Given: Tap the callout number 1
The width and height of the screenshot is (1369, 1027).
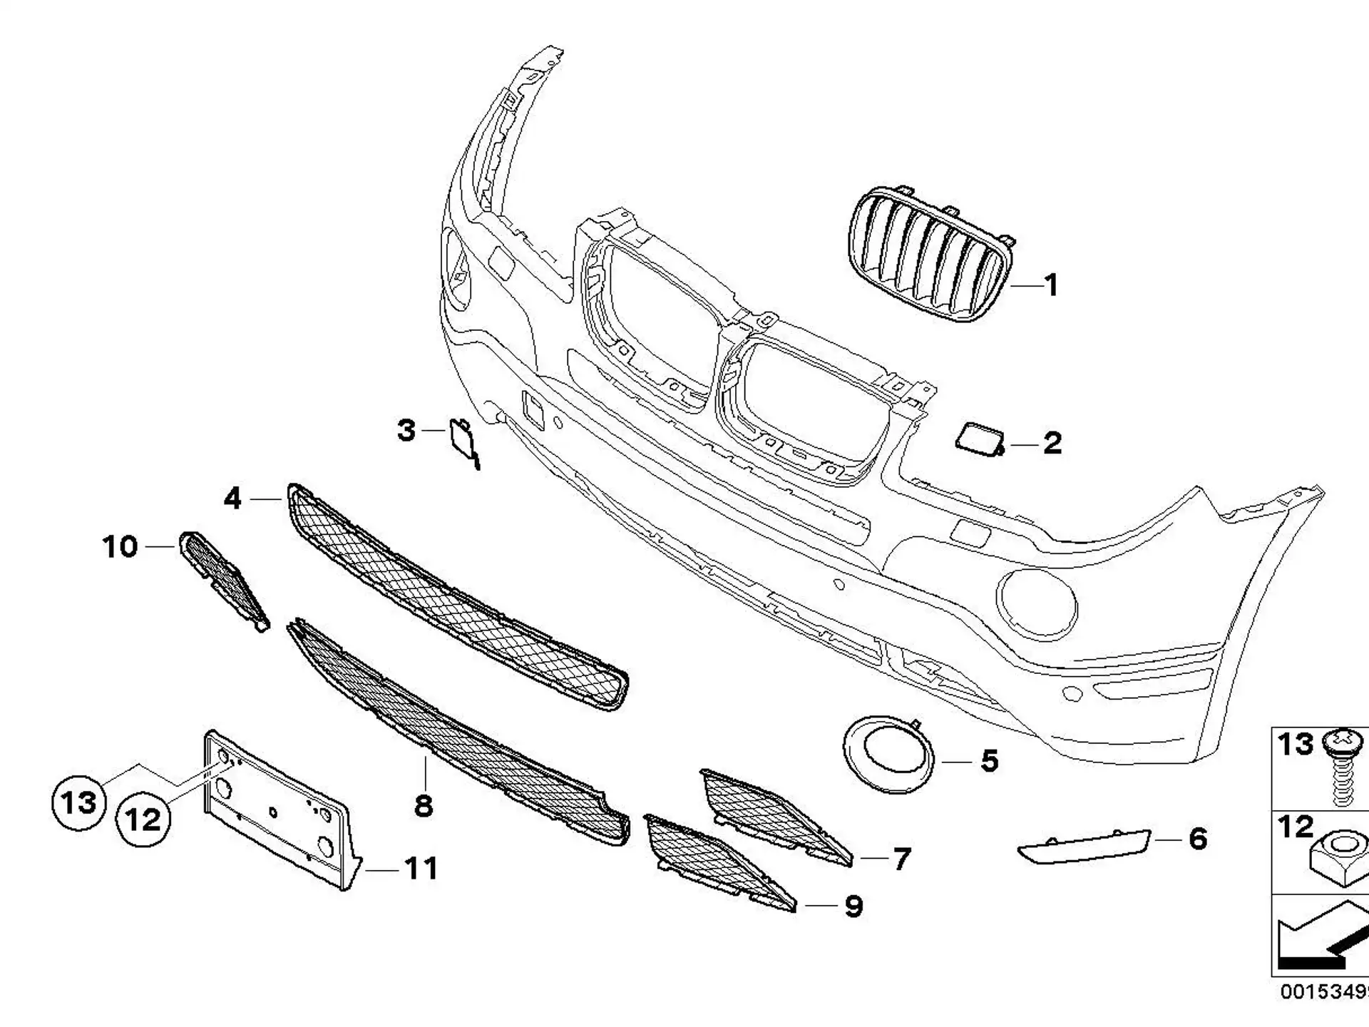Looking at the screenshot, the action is click(1051, 285).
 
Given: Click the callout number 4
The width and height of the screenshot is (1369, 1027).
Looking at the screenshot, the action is click(232, 498).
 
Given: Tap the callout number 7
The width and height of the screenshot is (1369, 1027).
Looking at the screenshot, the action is click(902, 859).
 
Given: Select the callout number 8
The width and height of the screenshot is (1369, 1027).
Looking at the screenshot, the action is click(424, 806).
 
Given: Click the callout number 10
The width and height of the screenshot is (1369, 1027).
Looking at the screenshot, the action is click(120, 547).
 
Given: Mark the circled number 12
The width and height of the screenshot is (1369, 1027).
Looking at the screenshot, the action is click(143, 819).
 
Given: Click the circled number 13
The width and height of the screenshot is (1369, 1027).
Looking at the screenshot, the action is click(78, 803).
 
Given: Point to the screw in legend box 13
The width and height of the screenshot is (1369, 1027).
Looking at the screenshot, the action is click(1343, 767).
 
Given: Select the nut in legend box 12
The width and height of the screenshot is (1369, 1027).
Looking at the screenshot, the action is click(1340, 859).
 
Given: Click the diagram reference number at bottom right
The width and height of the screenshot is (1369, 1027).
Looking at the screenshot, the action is click(1325, 992).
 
